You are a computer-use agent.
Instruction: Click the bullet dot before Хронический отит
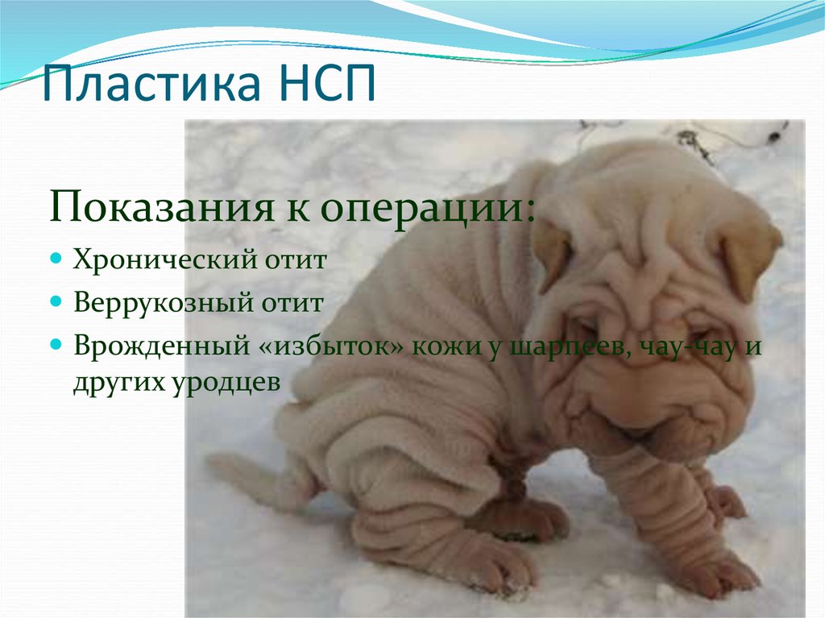(x=56, y=260)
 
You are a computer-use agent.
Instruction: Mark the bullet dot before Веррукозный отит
(x=56, y=302)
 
